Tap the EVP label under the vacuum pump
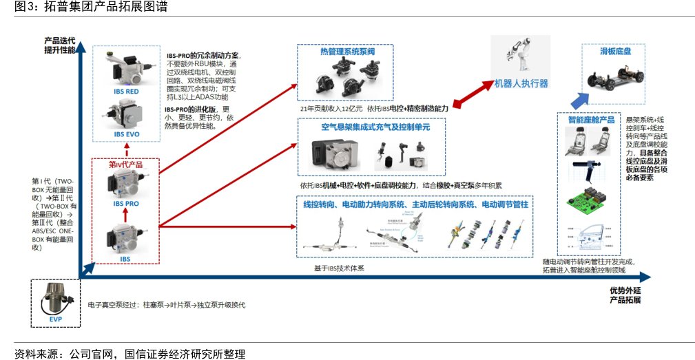[x=55, y=320]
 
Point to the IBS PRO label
[x=126, y=204]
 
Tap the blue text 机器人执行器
[x=521, y=83]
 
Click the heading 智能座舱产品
[x=590, y=120]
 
